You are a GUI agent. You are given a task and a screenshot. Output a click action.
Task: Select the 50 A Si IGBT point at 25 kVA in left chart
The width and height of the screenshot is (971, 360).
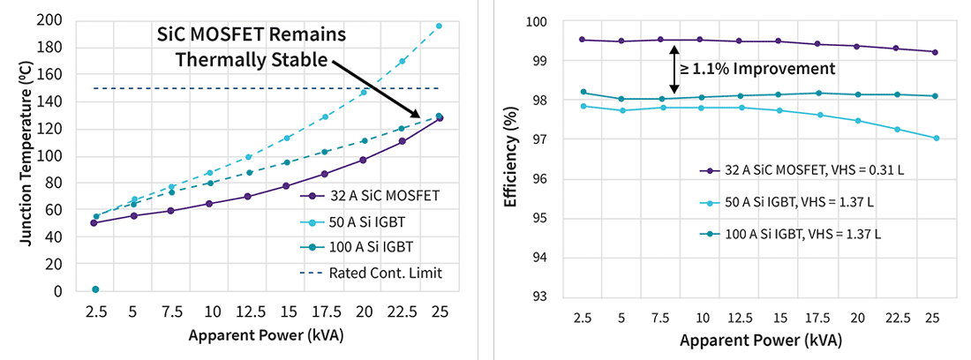pos(439,26)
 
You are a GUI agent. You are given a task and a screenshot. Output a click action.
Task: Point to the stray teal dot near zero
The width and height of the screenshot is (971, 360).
pos(95,289)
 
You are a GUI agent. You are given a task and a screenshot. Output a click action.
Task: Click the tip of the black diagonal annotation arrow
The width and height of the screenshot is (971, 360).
pos(420,117)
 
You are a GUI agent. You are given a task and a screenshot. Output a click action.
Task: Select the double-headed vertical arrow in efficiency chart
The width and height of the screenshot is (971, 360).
pos(674,69)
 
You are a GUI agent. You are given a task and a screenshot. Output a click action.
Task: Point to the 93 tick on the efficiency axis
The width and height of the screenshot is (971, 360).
pos(557,296)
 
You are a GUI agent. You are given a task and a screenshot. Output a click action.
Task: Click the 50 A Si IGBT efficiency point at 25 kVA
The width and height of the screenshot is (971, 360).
pos(935,138)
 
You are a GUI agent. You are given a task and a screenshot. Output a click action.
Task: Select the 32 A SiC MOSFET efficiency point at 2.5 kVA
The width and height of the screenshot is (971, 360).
pos(583,40)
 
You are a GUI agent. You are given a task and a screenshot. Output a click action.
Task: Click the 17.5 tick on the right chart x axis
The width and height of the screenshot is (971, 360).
pos(817,317)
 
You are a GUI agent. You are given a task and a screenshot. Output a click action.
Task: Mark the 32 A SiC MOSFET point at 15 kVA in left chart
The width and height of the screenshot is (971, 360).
pos(286,186)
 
